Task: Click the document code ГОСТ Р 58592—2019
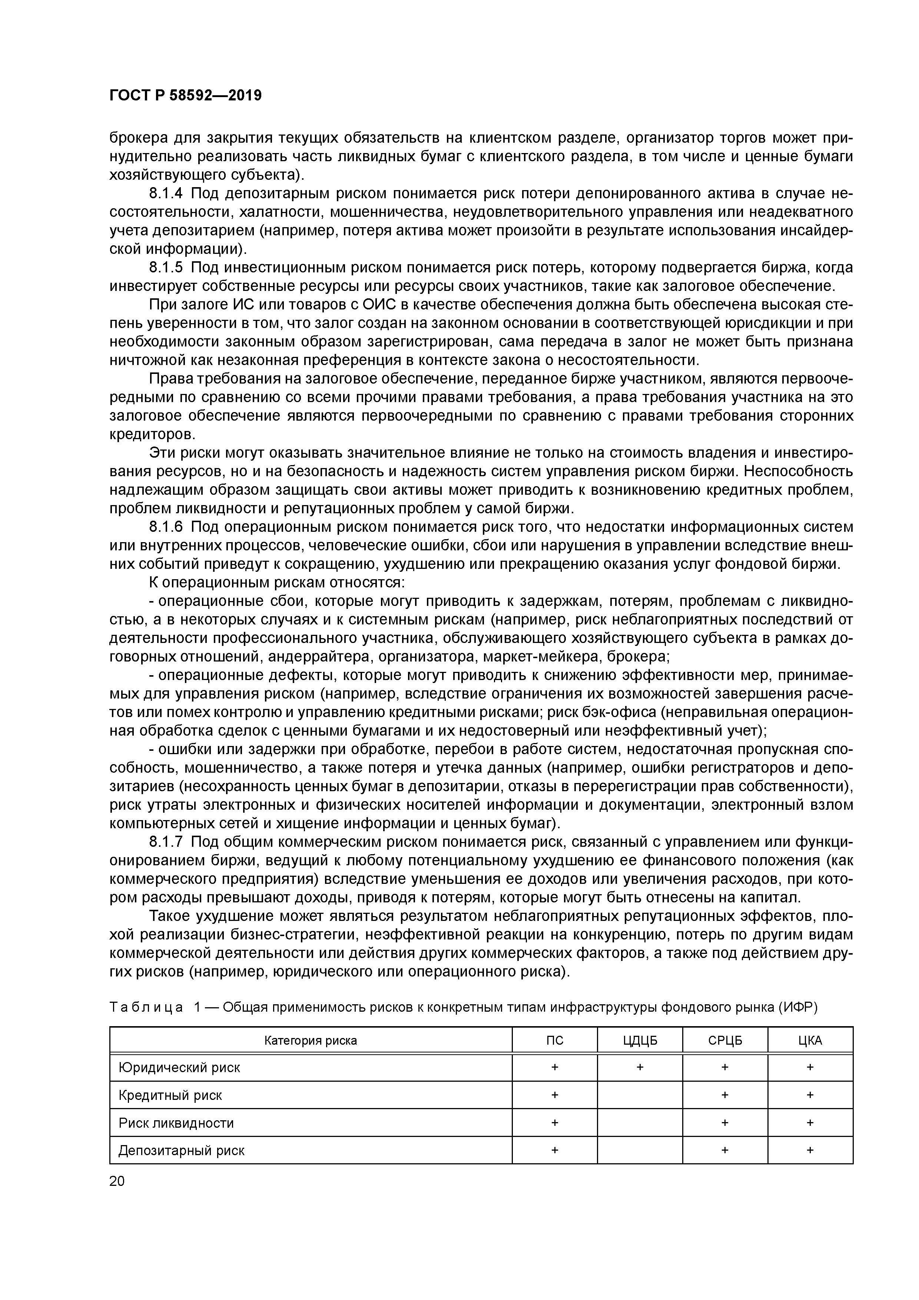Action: (x=185, y=96)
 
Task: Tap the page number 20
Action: (x=117, y=1181)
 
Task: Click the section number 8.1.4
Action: (x=166, y=194)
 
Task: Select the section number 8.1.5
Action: (x=166, y=267)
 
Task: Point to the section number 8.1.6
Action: (x=166, y=527)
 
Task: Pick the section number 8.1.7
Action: (x=166, y=842)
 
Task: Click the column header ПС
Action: (x=554, y=1040)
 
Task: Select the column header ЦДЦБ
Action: (x=640, y=1040)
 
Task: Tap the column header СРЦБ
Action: (x=725, y=1040)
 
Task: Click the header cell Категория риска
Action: (x=311, y=1040)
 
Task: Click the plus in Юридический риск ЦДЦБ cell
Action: (x=640, y=1067)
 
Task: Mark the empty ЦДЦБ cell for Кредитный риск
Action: (x=640, y=1095)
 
